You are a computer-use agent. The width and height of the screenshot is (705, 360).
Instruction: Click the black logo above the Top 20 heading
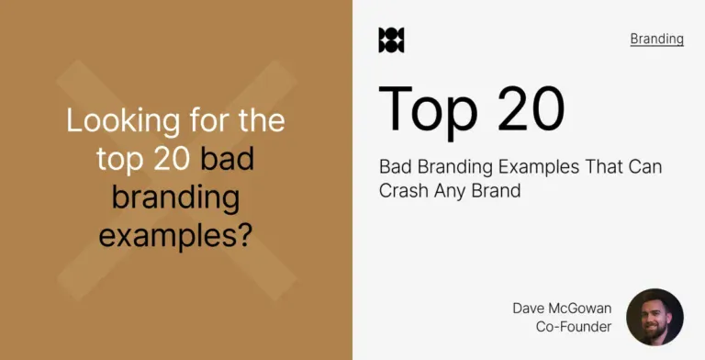coord(391,40)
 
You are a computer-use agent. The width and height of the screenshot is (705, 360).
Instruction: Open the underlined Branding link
coord(656,39)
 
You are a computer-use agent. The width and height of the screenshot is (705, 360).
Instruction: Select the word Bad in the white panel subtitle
coord(393,167)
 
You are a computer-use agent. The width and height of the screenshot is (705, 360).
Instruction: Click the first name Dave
coord(531,309)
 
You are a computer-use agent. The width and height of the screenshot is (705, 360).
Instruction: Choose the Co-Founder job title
coord(574,327)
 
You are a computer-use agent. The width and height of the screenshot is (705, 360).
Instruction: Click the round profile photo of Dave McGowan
coord(655,317)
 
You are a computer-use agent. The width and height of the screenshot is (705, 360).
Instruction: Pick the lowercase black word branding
coord(175,197)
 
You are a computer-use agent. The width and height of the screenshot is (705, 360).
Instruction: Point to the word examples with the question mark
coord(175,236)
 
